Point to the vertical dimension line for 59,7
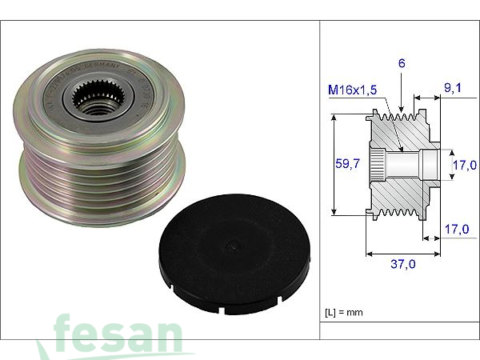332,165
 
